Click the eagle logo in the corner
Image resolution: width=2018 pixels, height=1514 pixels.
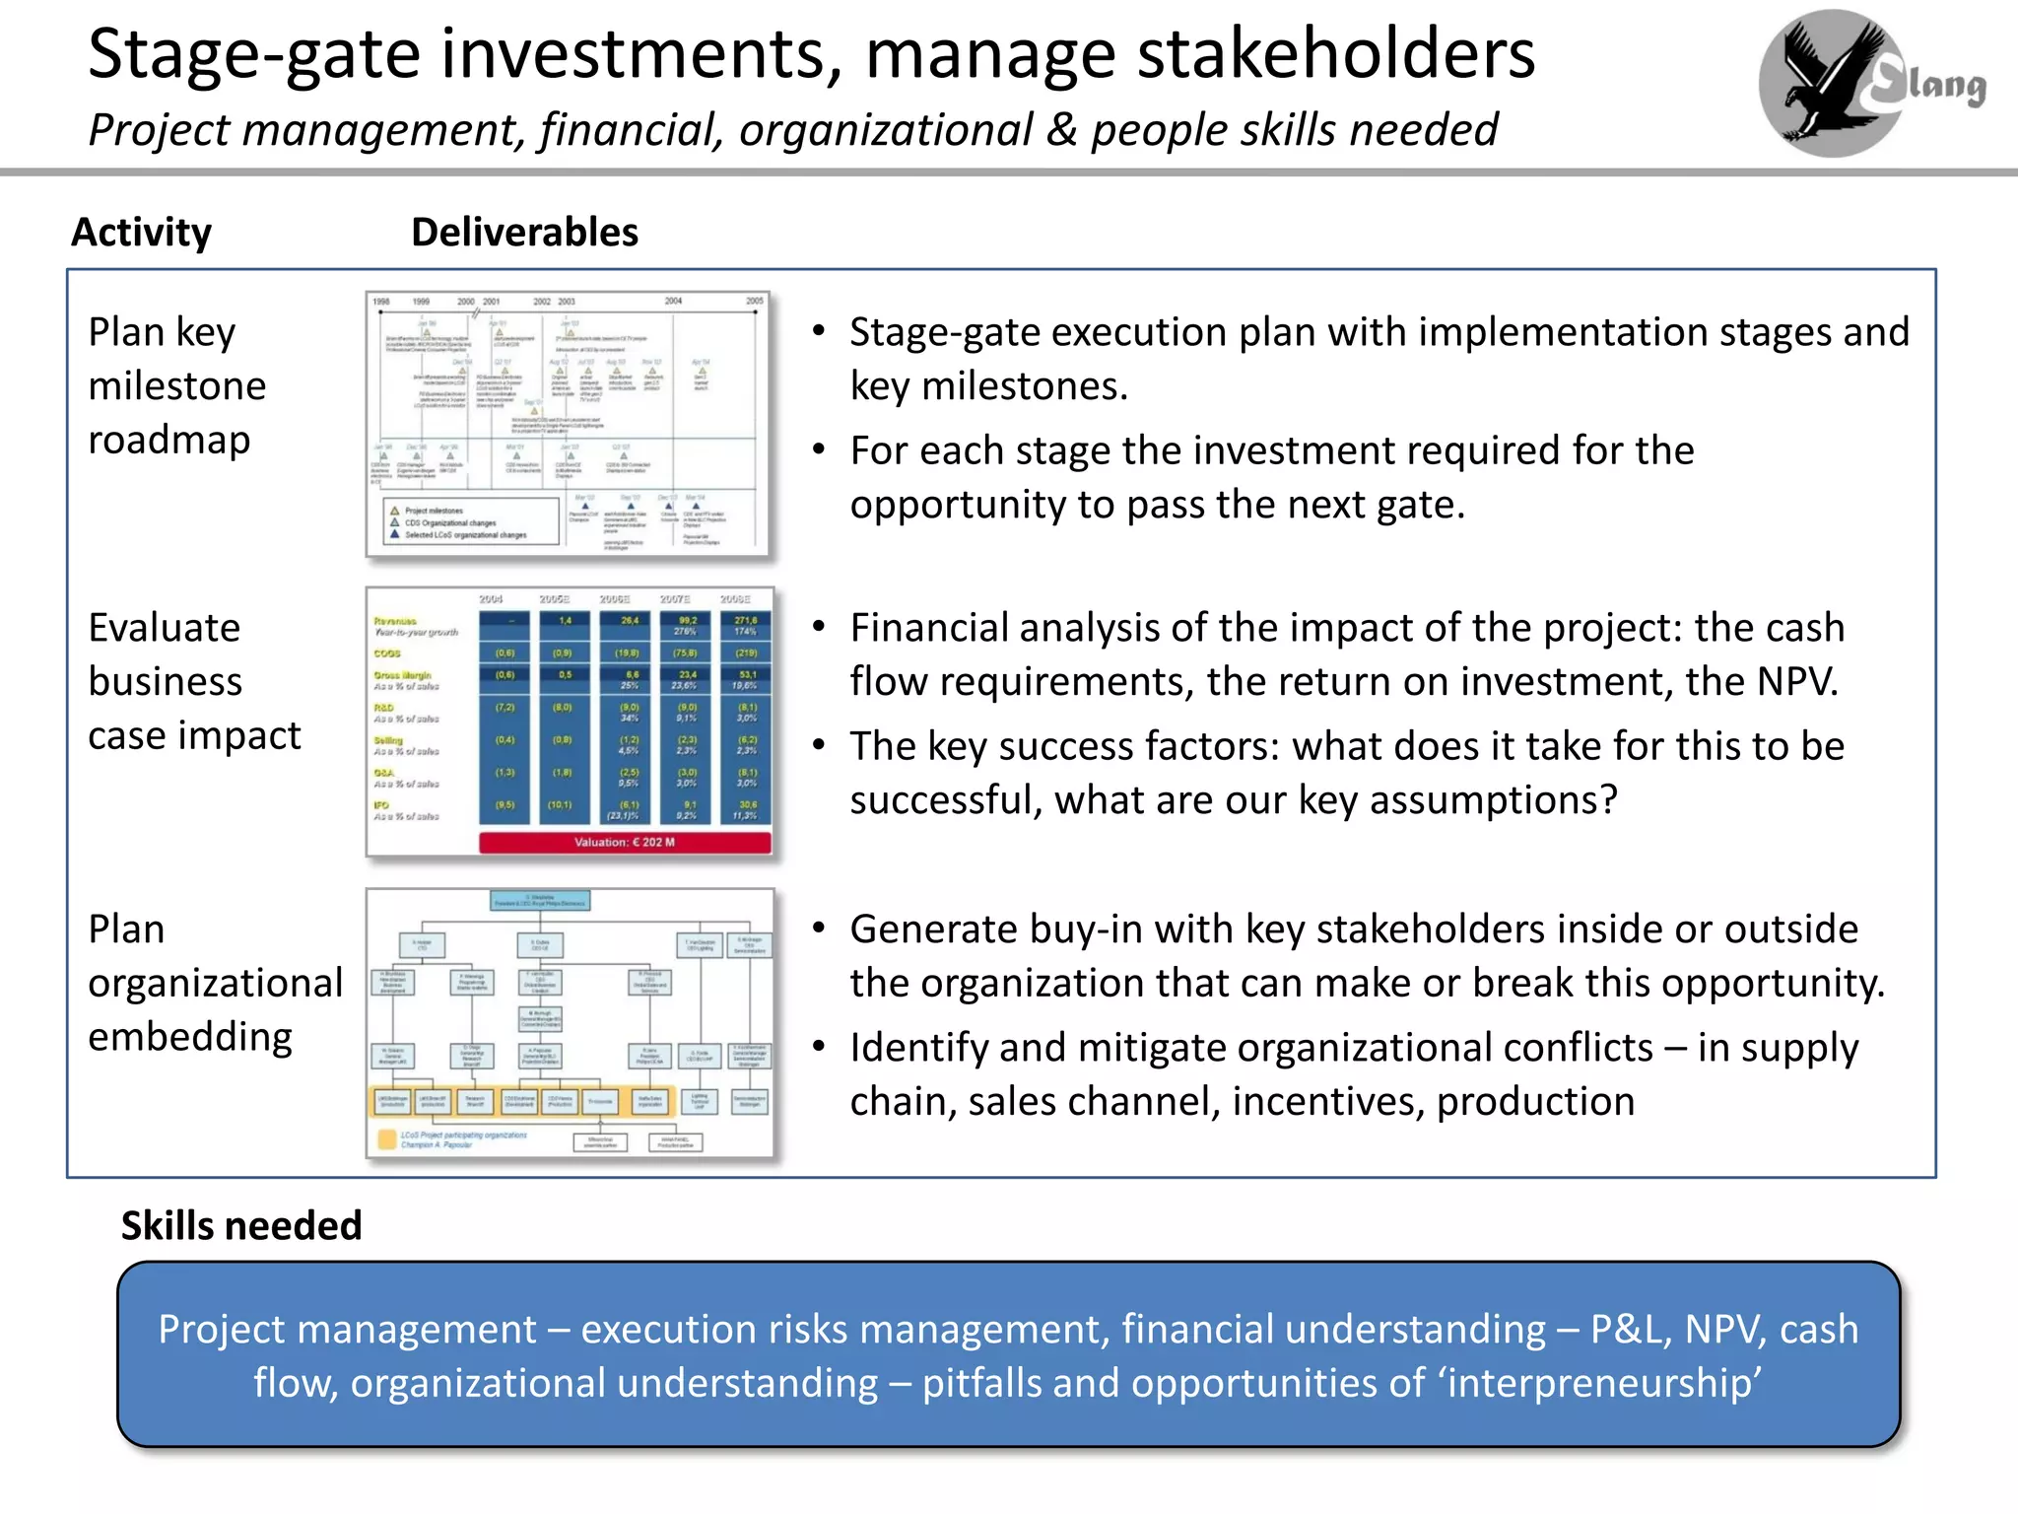(x=1831, y=83)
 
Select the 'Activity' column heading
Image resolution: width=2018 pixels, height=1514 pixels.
(x=141, y=233)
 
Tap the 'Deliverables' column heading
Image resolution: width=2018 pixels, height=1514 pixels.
(x=524, y=233)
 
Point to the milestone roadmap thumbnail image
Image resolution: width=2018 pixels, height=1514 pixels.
(x=569, y=424)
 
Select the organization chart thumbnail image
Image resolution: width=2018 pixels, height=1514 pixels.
(x=569, y=1022)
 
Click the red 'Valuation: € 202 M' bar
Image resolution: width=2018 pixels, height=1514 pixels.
(x=625, y=842)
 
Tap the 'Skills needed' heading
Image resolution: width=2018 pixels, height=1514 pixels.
(x=241, y=1225)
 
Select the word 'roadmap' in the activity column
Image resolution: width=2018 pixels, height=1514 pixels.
(x=169, y=440)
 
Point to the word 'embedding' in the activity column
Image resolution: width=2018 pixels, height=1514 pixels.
(x=190, y=1037)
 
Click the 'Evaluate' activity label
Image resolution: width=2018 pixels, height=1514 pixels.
(x=164, y=628)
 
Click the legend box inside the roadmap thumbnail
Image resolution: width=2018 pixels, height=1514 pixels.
(x=471, y=522)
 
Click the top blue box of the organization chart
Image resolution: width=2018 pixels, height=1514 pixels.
(x=541, y=900)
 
